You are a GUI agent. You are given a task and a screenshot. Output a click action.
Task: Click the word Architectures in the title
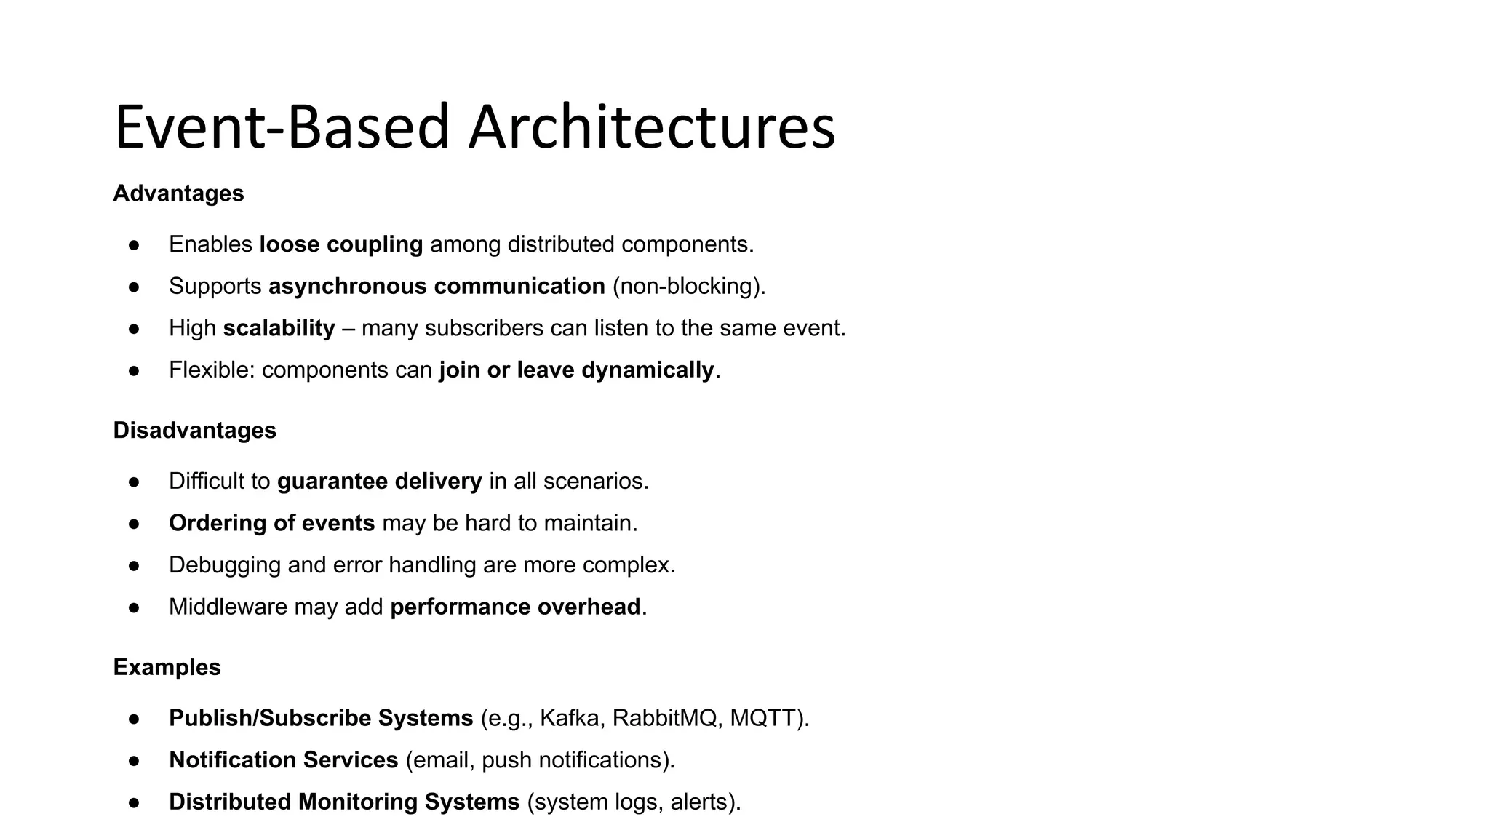[652, 128]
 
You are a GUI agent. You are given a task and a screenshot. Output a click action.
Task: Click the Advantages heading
[178, 193]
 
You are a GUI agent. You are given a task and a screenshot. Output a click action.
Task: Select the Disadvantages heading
[194, 431]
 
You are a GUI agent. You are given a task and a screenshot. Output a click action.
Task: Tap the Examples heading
[167, 668]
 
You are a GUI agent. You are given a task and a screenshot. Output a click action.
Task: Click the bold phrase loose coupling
[340, 244]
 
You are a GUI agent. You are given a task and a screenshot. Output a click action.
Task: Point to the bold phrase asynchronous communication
[437, 287]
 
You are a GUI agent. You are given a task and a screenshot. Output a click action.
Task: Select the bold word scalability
[279, 329]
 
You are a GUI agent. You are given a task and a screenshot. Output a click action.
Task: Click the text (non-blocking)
[688, 287]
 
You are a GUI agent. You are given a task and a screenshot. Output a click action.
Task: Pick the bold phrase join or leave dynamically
[576, 370]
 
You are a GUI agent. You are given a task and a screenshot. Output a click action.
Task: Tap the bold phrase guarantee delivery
[379, 482]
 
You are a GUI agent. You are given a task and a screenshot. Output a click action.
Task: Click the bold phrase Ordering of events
[271, 524]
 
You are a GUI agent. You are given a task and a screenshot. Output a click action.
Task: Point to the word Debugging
[225, 565]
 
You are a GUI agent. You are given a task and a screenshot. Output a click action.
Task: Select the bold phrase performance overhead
[515, 607]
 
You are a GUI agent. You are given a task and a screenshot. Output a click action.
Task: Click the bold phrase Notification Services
[283, 760]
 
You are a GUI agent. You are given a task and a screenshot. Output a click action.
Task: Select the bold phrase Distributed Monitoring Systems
[344, 802]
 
